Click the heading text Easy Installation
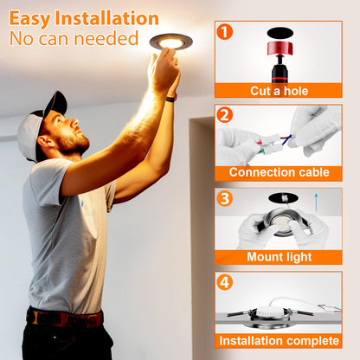click(84, 18)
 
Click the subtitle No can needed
click(74, 39)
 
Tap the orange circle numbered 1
click(225, 32)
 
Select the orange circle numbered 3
click(225, 198)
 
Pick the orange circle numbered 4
click(225, 281)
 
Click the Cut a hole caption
click(278, 90)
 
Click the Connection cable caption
click(278, 173)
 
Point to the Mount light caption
click(278, 256)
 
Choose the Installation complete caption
click(278, 339)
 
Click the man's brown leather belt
click(65, 318)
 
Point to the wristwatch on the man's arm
click(171, 98)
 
